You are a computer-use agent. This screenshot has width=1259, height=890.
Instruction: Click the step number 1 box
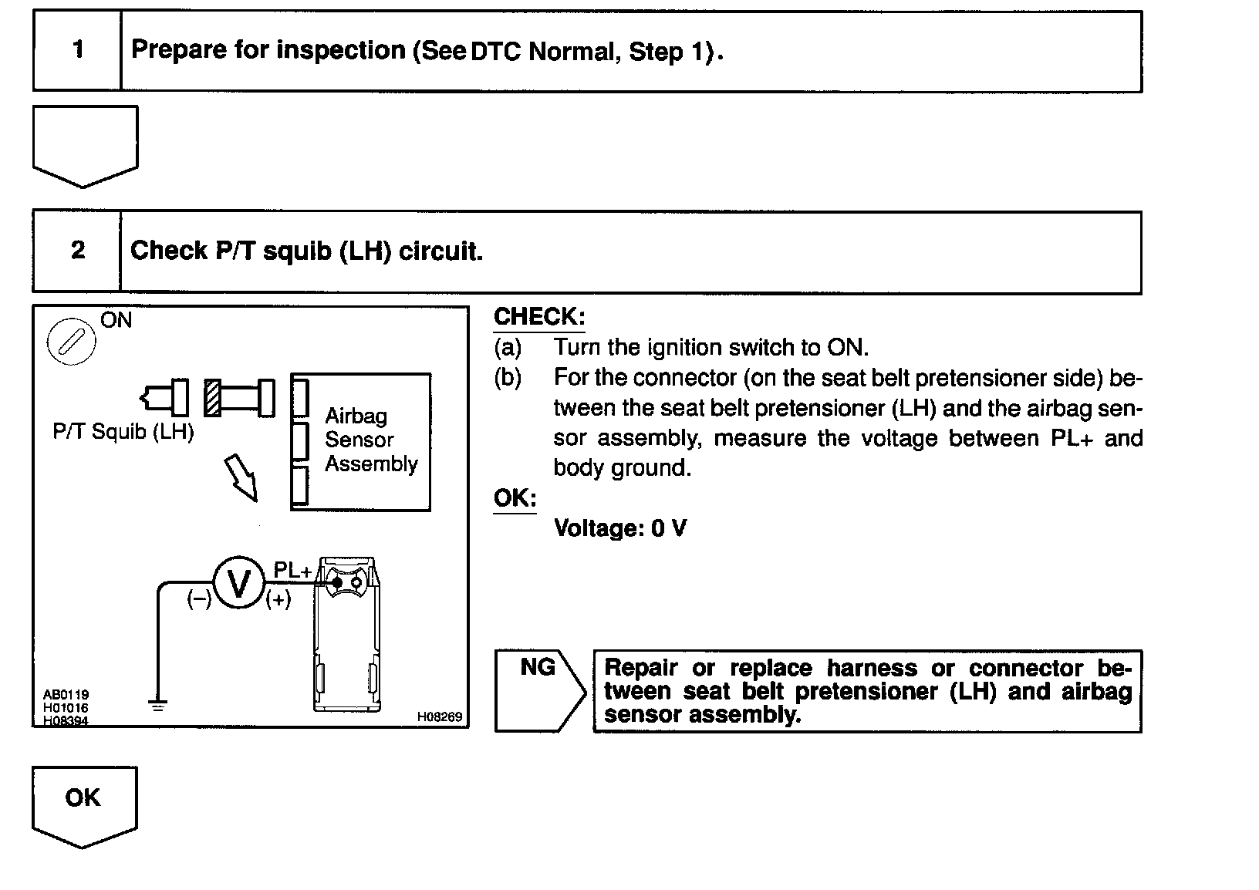pos(77,51)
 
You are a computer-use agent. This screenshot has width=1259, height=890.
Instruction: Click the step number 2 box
pos(77,251)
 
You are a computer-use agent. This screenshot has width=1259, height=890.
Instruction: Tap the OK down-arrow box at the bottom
pos(83,802)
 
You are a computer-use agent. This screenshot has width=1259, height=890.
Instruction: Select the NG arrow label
pos(538,668)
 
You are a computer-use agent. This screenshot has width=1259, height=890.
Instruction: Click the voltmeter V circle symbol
pos(238,584)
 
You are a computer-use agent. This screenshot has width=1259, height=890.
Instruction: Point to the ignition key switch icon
pos(71,341)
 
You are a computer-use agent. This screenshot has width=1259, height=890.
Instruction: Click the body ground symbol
pos(157,704)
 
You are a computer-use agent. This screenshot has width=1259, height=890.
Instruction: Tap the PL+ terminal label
pos(292,571)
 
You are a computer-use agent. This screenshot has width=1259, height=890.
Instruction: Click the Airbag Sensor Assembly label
pos(370,440)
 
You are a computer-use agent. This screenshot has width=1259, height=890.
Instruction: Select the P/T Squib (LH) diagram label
pos(123,431)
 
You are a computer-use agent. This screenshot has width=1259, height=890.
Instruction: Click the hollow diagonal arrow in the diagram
pos(241,477)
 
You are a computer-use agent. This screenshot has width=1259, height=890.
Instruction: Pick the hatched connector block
pos(212,398)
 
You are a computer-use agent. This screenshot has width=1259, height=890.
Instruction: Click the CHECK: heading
pos(539,317)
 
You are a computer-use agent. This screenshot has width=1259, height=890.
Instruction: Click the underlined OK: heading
pos(515,498)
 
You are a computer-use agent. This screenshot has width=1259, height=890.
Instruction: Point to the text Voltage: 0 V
pos(620,528)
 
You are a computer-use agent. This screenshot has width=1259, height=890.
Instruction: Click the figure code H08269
pos(439,716)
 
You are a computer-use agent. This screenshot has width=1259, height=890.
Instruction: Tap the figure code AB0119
pos(66,695)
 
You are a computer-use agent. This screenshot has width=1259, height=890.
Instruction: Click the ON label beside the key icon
pos(116,320)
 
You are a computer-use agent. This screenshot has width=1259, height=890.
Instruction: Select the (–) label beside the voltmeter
pos(199,600)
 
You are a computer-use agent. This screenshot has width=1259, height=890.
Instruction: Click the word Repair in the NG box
pos(641,668)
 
